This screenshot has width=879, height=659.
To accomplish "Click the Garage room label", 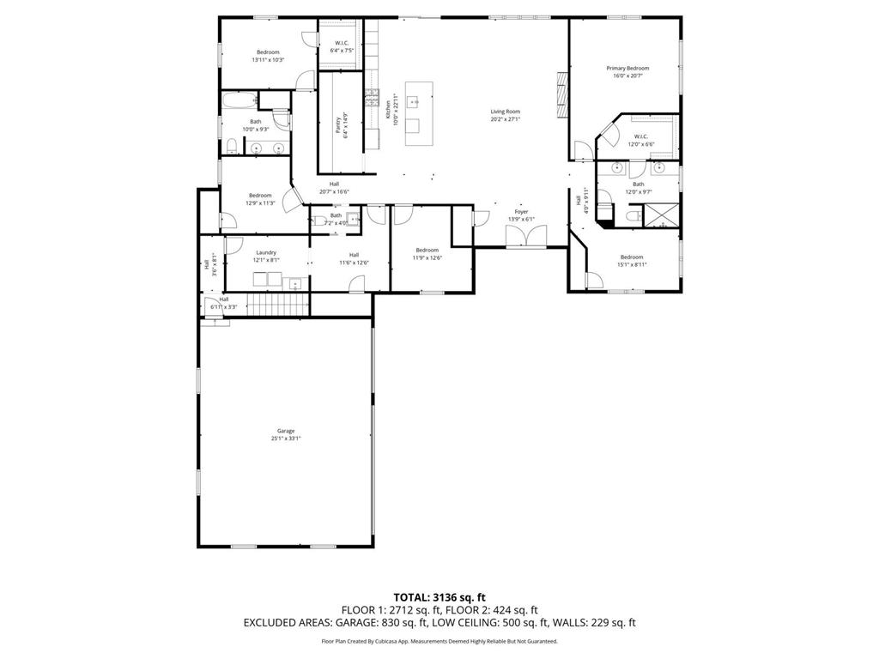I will (x=286, y=434).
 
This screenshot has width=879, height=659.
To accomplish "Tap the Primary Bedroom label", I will (x=627, y=72).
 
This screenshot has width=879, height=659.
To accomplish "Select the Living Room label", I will (x=505, y=115).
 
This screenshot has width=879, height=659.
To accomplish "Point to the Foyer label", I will (x=521, y=215).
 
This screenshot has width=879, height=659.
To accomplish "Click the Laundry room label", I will (x=265, y=256).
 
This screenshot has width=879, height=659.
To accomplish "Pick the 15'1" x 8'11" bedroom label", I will (x=632, y=261).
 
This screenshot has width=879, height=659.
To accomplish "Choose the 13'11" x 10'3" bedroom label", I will (x=268, y=56).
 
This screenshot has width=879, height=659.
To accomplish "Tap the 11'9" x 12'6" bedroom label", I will (x=427, y=254).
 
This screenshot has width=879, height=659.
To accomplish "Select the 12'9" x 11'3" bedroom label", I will (x=260, y=199).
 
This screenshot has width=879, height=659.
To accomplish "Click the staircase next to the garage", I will (x=278, y=304).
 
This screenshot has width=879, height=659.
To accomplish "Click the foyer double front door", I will (x=525, y=236).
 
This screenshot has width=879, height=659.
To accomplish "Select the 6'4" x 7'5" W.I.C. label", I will (x=342, y=47).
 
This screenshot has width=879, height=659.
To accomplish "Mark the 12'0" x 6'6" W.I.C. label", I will (x=644, y=140).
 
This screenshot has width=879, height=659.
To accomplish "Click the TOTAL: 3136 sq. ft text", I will (x=439, y=596).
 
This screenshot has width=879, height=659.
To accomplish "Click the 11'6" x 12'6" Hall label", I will (x=353, y=258).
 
